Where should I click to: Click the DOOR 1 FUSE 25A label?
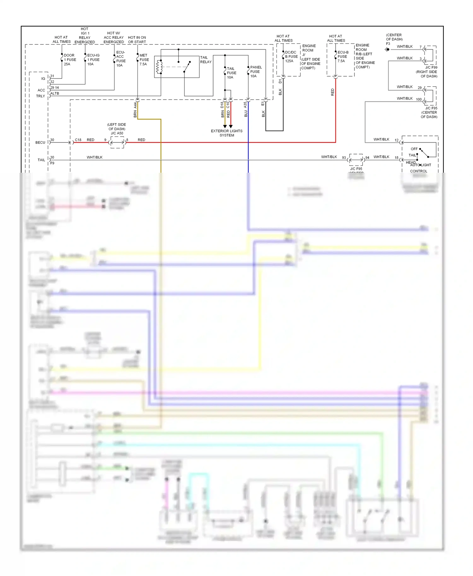tap(70, 60)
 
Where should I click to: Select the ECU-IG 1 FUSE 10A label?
tap(93, 60)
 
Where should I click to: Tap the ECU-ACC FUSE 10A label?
tap(120, 59)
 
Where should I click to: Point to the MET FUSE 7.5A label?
tap(144, 60)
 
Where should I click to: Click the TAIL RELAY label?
tap(206, 60)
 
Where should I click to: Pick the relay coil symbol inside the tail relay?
tap(159, 67)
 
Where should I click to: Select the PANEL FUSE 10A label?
tap(255, 72)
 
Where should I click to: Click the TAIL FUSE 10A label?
tap(231, 73)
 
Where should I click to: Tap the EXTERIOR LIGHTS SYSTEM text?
tap(226, 133)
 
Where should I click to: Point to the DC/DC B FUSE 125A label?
tap(291, 57)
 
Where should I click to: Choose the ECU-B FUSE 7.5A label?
tap(342, 57)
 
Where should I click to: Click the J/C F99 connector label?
tap(431, 67)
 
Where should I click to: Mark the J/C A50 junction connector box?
tap(117, 142)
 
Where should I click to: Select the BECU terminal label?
tap(40, 142)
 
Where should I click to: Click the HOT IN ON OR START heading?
tap(137, 40)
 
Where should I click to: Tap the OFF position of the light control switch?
tap(414, 149)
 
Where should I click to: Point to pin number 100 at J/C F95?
tap(418, 99)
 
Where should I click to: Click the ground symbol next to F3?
tap(387, 49)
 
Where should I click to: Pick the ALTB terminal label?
tap(55, 93)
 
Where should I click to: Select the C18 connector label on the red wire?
tap(78, 140)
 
